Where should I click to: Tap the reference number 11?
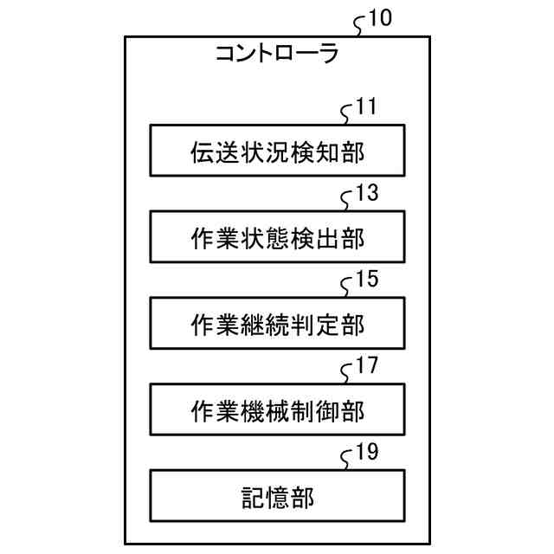366,108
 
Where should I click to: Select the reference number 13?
367,194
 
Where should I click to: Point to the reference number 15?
367,280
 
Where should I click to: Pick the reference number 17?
367,366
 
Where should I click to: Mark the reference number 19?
367,453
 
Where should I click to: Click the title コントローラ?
276,55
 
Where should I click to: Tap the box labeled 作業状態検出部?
276,236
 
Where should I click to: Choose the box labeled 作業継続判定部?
276,323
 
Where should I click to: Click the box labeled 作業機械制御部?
276,409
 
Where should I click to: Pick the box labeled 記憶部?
276,495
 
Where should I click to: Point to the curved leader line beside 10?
361,26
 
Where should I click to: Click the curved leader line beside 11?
348,115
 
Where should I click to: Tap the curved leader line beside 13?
348,201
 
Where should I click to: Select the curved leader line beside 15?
348,287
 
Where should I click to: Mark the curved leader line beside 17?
348,373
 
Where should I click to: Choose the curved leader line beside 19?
348,460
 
